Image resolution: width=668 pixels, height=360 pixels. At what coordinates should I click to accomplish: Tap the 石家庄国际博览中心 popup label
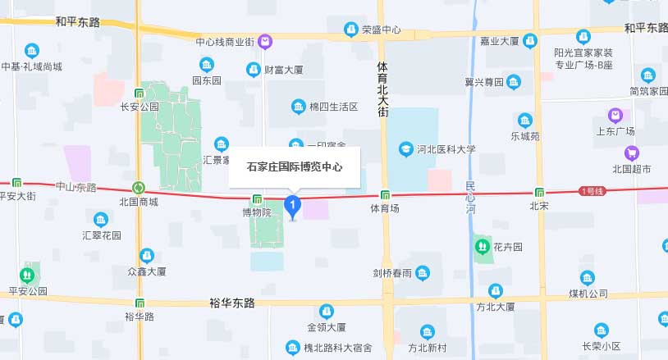coord(294,166)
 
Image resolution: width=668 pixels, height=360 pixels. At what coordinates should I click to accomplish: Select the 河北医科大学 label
coord(446,149)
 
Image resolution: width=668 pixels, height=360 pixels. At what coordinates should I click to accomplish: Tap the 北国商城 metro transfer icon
coord(139,188)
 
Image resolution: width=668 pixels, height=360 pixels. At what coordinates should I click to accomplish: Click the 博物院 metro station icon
coord(257,198)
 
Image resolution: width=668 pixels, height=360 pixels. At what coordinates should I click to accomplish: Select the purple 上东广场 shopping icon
coord(615,115)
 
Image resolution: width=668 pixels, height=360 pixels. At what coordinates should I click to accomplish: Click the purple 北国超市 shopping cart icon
coord(631,153)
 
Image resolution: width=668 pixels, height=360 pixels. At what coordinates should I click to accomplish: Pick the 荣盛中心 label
coord(382,30)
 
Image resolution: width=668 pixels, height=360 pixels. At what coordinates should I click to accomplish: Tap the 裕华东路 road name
coord(232,303)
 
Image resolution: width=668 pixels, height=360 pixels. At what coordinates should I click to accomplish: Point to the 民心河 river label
coord(469,198)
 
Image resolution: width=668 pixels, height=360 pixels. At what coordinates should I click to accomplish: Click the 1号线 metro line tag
coord(591,191)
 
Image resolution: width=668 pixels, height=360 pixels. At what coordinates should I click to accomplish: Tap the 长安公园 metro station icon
coord(139,93)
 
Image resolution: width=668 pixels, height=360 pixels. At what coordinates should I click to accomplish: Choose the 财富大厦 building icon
coord(254,69)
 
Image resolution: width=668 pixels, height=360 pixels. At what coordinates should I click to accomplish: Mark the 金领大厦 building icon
coord(327,311)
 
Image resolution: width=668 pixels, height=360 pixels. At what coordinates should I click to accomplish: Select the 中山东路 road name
coord(75,188)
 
